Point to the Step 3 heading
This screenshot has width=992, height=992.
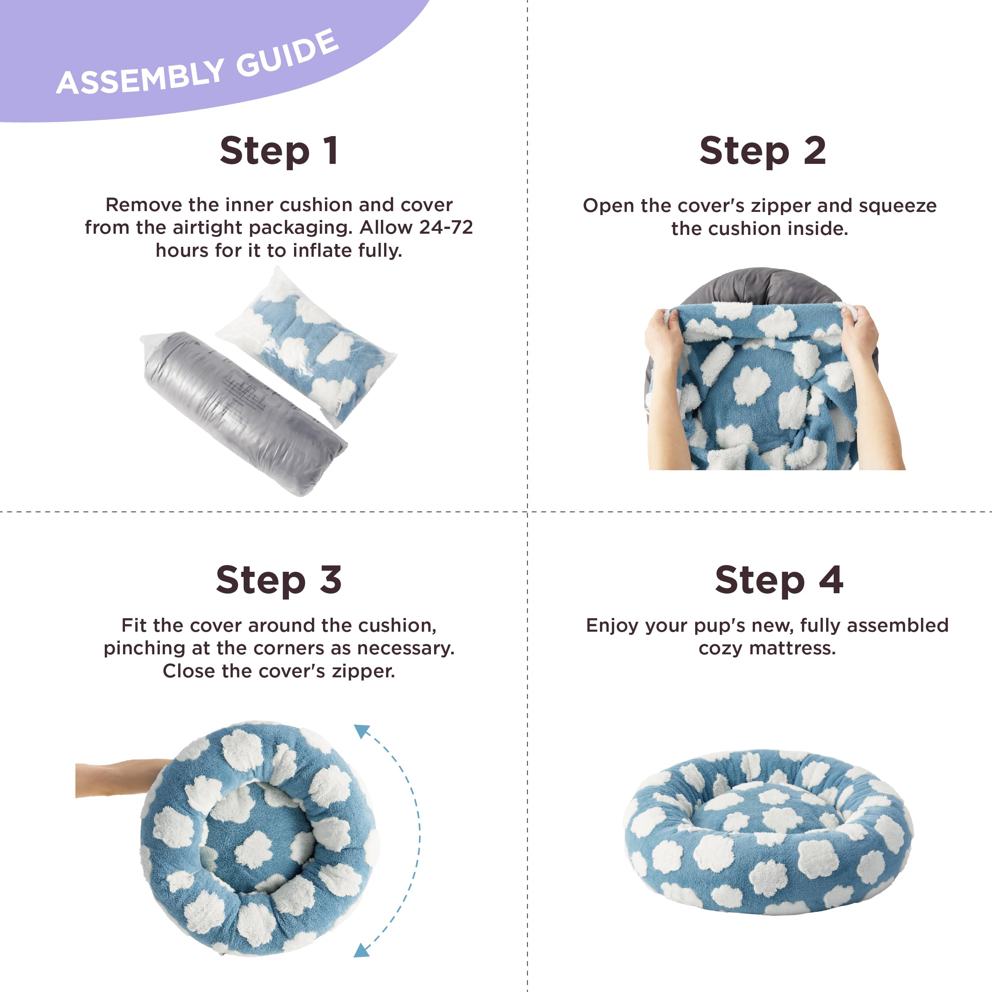click(279, 580)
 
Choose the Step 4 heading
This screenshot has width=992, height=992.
click(779, 580)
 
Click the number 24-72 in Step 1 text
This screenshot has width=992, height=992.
click(446, 227)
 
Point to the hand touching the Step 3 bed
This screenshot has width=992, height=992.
click(121, 778)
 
